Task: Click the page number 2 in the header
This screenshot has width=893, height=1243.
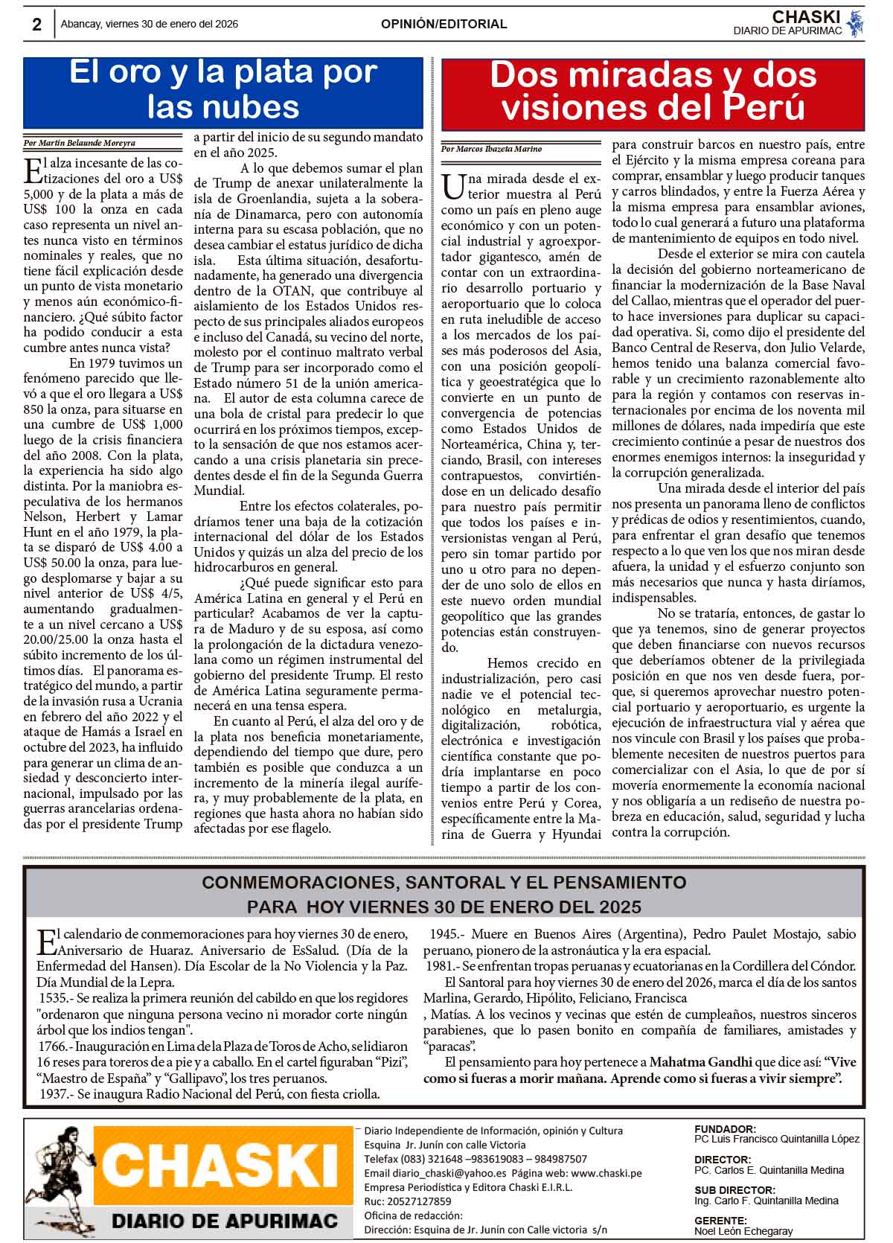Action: click(x=36, y=25)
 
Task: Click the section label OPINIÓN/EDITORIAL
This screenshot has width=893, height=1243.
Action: click(x=444, y=24)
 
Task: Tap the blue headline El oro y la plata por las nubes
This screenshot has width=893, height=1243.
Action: click(x=223, y=89)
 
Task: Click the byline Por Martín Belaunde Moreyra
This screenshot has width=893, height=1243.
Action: click(x=80, y=143)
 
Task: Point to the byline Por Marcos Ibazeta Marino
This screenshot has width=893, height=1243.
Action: click(x=491, y=149)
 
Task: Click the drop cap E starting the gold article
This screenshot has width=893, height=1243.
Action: click(x=33, y=169)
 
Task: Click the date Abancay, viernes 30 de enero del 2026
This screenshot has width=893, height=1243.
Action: click(x=150, y=24)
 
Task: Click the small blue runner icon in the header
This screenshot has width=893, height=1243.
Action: click(x=857, y=24)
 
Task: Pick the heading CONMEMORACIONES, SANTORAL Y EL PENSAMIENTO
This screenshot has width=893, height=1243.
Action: click(x=444, y=883)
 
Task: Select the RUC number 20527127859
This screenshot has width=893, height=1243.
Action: click(x=418, y=1201)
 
